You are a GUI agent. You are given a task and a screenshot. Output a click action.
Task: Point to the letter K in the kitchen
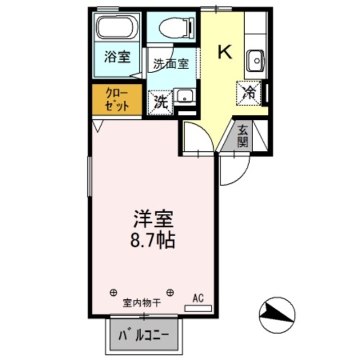(x=224, y=52)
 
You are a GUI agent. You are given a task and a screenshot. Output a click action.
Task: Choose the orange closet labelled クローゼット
(x=116, y=100)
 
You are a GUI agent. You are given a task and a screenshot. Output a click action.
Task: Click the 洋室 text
(x=152, y=217)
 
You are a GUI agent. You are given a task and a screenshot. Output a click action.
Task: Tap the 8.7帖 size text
(x=152, y=240)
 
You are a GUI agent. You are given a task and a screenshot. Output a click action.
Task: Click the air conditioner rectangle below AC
(x=198, y=308)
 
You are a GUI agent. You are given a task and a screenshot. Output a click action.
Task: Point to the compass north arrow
(x=276, y=311)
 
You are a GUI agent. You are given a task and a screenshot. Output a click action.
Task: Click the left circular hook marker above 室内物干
(x=114, y=292)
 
